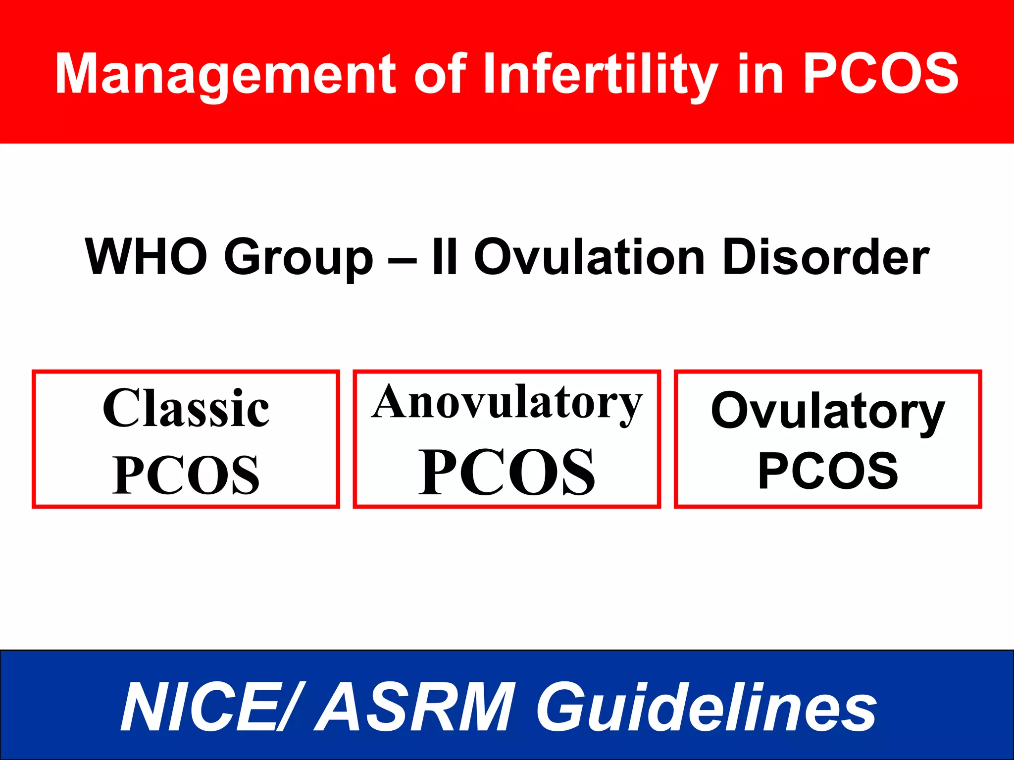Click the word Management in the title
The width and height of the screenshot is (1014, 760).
225,74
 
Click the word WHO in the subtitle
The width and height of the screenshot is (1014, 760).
146,257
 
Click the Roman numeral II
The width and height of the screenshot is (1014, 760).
444,257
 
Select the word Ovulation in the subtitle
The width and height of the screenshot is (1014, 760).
589,257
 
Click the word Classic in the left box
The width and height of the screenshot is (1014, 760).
186,408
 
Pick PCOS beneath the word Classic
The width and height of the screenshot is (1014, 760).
186,475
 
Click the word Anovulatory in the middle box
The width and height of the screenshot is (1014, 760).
507,403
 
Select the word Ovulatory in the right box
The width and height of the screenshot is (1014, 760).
827,411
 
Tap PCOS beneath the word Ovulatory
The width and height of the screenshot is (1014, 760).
828,471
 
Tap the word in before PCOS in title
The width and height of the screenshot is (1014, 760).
760,74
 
